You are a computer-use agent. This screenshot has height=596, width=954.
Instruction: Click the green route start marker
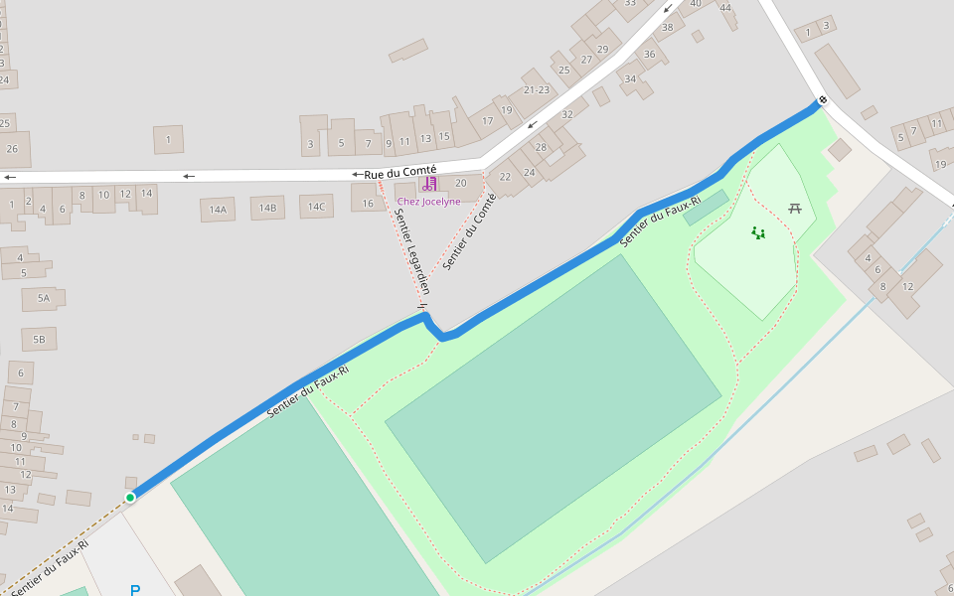(130, 497)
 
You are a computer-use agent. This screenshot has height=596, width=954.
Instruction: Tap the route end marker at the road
(822, 100)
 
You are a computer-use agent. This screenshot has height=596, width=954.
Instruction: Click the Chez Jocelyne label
(428, 202)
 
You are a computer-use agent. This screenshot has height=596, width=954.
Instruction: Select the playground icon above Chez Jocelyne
(429, 184)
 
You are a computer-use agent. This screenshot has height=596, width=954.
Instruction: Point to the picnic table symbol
(795, 208)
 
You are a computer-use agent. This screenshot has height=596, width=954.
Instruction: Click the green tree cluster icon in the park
(758, 233)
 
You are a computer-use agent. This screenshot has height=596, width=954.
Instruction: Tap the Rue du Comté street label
(399, 172)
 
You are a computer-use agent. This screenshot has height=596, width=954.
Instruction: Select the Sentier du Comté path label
(469, 231)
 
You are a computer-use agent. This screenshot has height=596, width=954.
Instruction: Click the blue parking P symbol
(135, 590)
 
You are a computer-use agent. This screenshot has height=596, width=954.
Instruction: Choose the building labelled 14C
(315, 207)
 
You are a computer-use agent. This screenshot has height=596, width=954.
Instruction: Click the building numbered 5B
(39, 340)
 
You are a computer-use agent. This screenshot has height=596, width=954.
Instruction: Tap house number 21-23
(536, 90)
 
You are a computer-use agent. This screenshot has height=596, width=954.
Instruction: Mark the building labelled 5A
(43, 297)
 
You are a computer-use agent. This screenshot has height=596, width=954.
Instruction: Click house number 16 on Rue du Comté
(368, 203)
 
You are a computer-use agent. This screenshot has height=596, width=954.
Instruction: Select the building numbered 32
(567, 114)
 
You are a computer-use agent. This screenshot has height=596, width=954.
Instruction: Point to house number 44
(726, 8)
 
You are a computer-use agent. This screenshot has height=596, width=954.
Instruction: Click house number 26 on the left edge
(12, 149)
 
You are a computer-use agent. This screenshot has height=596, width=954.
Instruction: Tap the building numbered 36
(650, 55)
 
